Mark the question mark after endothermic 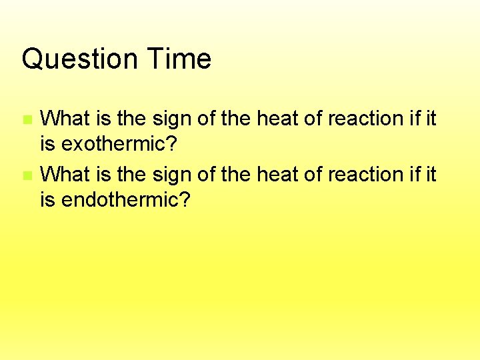coord(184,200)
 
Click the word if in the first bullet coord(416,119)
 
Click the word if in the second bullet coord(416,175)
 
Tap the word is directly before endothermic coord(48,200)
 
